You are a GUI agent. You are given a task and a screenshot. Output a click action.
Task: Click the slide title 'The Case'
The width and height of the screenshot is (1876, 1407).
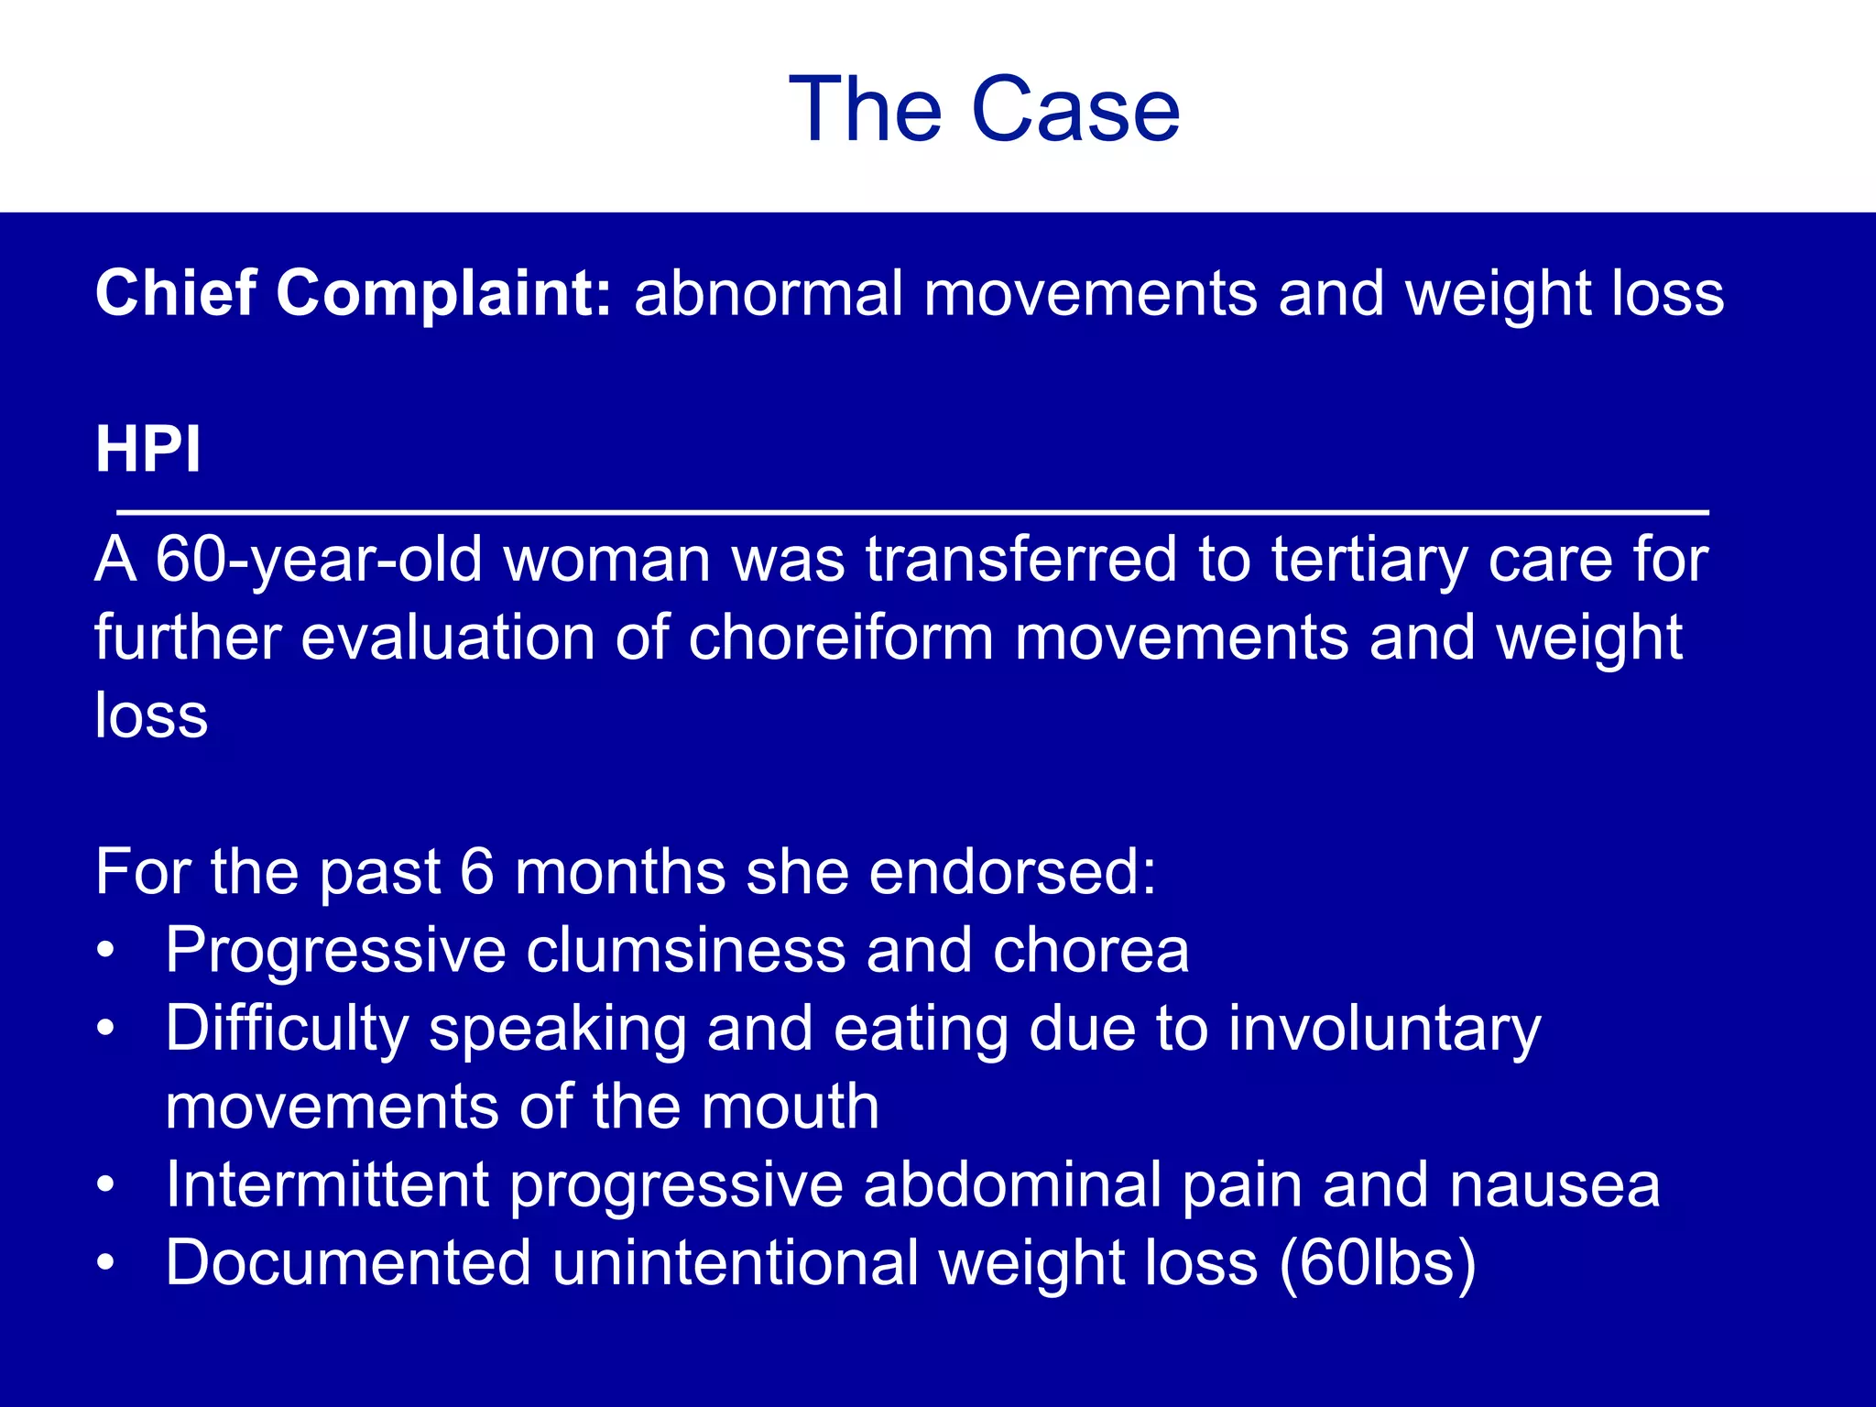tap(984, 110)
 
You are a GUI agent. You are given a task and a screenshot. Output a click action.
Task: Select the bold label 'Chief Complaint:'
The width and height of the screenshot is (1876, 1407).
tap(354, 294)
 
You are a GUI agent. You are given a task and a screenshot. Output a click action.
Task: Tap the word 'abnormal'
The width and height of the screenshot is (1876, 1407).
tap(769, 294)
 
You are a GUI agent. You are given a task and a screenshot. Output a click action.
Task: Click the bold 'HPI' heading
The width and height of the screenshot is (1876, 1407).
tap(148, 450)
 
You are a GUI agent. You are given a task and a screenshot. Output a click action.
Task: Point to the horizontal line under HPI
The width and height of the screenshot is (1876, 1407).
tap(912, 512)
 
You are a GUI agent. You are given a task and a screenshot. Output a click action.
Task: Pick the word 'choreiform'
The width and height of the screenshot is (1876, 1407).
tap(841, 638)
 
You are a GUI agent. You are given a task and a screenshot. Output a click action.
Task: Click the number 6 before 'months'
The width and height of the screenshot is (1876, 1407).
tap(476, 871)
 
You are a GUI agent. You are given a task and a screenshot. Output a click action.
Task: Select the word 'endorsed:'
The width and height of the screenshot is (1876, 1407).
tap(1012, 871)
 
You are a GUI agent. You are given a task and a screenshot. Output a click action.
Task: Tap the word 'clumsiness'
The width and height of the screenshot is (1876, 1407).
tap(685, 950)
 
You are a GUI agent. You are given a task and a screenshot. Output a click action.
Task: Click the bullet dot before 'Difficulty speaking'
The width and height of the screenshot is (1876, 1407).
tap(106, 1029)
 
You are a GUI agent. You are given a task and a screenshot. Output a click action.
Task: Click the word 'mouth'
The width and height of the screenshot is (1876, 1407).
tap(790, 1107)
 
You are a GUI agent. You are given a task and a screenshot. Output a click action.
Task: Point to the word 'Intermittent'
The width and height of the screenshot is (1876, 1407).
tap(327, 1184)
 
